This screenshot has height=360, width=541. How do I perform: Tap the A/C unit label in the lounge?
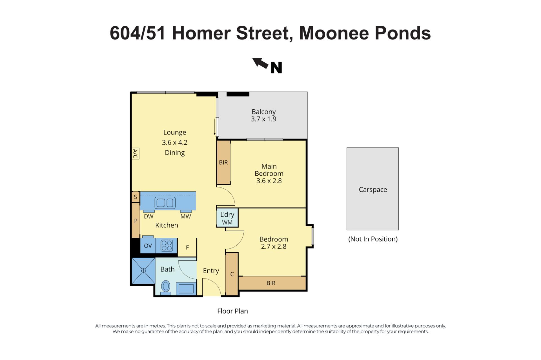(135, 154)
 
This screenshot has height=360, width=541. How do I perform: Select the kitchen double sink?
(165, 203)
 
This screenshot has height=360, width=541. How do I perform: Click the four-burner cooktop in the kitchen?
(167, 246)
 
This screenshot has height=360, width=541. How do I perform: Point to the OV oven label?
(148, 246)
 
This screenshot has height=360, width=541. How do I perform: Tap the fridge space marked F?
(187, 248)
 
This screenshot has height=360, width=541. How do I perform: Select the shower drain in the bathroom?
(143, 271)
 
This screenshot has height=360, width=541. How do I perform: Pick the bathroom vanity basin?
(186, 289)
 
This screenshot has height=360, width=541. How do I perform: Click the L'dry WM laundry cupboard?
(227, 218)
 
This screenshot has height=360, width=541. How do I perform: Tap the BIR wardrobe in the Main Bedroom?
(223, 162)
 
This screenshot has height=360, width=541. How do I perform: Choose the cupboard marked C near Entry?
(232, 274)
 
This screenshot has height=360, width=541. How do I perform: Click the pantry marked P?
(136, 221)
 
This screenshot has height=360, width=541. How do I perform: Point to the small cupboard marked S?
(136, 197)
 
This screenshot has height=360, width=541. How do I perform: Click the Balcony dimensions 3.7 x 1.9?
(263, 119)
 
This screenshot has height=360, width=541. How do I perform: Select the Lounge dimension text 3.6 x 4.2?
(175, 143)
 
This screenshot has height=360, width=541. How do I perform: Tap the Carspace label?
(373, 190)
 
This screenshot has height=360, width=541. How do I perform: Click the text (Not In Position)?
(373, 239)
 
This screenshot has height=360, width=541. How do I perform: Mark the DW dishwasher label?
(148, 217)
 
